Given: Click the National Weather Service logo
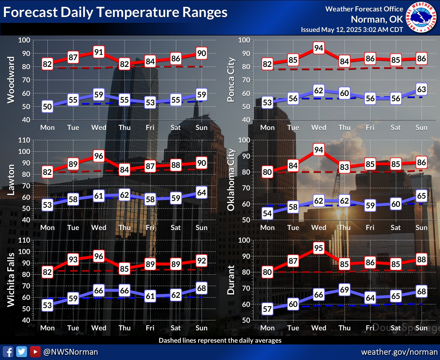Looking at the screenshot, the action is pos(421,17).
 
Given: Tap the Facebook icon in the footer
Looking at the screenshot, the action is pos(8,352).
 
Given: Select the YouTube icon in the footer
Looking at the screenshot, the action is pos(35,352).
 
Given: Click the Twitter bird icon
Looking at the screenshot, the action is pos(21,352).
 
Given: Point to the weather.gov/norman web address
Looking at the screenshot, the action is pos(399,352).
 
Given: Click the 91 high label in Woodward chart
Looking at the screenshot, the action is pos(99,52).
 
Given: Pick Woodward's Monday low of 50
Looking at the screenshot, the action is pos(47,107).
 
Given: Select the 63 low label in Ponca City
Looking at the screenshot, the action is pos(422,89).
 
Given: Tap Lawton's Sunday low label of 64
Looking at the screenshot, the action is pos(202,192).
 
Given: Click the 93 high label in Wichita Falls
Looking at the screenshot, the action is pos(73,259).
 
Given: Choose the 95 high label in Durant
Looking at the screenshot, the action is pos(319,248).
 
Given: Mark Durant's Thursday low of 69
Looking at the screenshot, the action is pos(344,290).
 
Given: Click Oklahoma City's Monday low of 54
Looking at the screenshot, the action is pos(267,214).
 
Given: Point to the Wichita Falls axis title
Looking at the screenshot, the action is pos(11,280).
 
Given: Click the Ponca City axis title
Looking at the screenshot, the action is pos(231,80).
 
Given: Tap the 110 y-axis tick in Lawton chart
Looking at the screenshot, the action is pos(24,140).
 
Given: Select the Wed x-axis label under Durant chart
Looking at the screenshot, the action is pos(319,328).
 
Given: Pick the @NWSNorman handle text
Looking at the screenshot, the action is pos(70,352).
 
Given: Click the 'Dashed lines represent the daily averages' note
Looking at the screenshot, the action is pos(220,340).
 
